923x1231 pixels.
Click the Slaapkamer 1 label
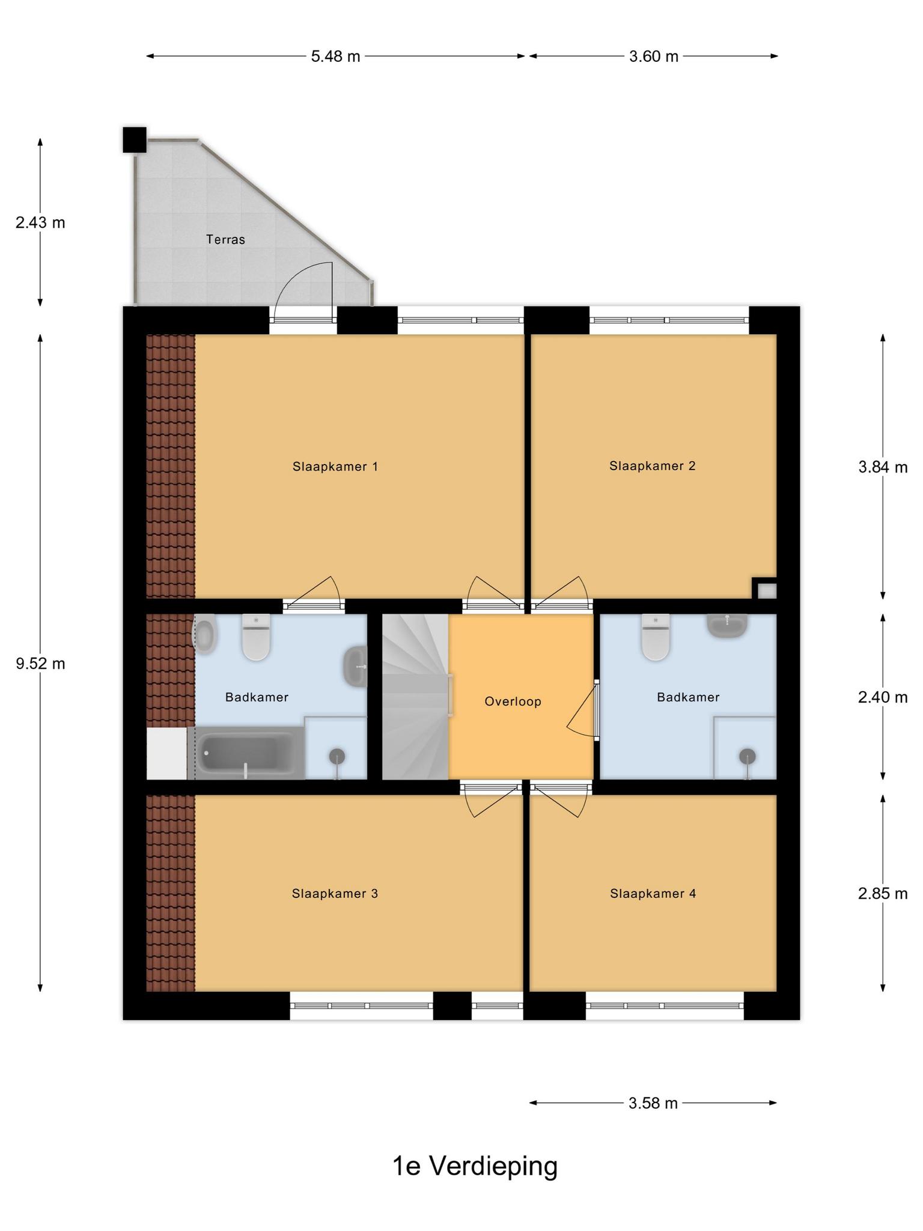tap(335, 466)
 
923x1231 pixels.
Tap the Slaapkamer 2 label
tap(653, 466)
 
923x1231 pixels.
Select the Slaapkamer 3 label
tap(335, 894)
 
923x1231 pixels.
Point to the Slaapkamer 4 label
tap(653, 894)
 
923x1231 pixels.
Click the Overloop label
tap(513, 701)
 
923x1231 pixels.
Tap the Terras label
tap(225, 239)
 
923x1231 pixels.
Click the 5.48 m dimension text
tap(336, 57)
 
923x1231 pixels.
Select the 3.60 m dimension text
tap(654, 57)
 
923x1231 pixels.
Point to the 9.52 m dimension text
tap(40, 664)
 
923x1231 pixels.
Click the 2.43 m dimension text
tap(40, 222)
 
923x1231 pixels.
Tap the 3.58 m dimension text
tap(653, 1103)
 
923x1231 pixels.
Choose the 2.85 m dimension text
tap(883, 893)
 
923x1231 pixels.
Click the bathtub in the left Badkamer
tap(246, 753)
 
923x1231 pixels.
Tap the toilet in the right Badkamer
tap(655, 637)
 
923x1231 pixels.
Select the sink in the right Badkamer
tap(727, 626)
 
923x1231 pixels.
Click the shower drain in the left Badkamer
tap(337, 756)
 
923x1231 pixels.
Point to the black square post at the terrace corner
tap(135, 139)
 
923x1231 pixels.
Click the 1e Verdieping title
tap(475, 1166)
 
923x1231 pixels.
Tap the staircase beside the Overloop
tap(416, 697)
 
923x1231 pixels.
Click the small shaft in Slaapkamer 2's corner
tap(766, 590)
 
